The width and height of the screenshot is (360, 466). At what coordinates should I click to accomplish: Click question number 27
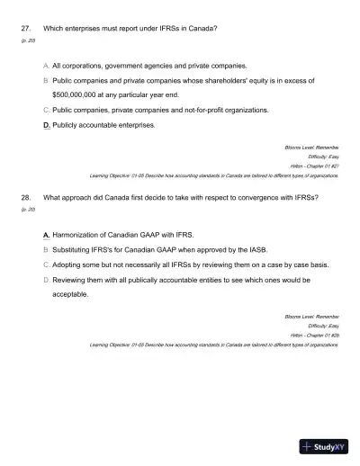[25, 28]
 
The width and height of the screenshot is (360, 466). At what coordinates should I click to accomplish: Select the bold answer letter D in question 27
[47, 125]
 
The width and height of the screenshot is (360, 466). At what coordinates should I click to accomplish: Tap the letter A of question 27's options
[46, 66]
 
